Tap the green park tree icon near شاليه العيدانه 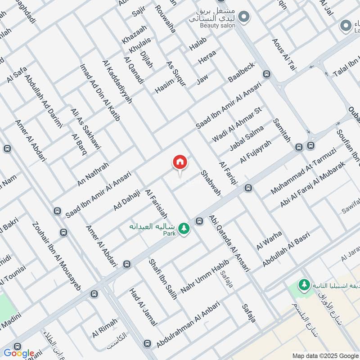[x=184, y=229]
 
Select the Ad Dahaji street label [x=127, y=198]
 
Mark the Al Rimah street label [x=104, y=328]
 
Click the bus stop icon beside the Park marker [x=199, y=220]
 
